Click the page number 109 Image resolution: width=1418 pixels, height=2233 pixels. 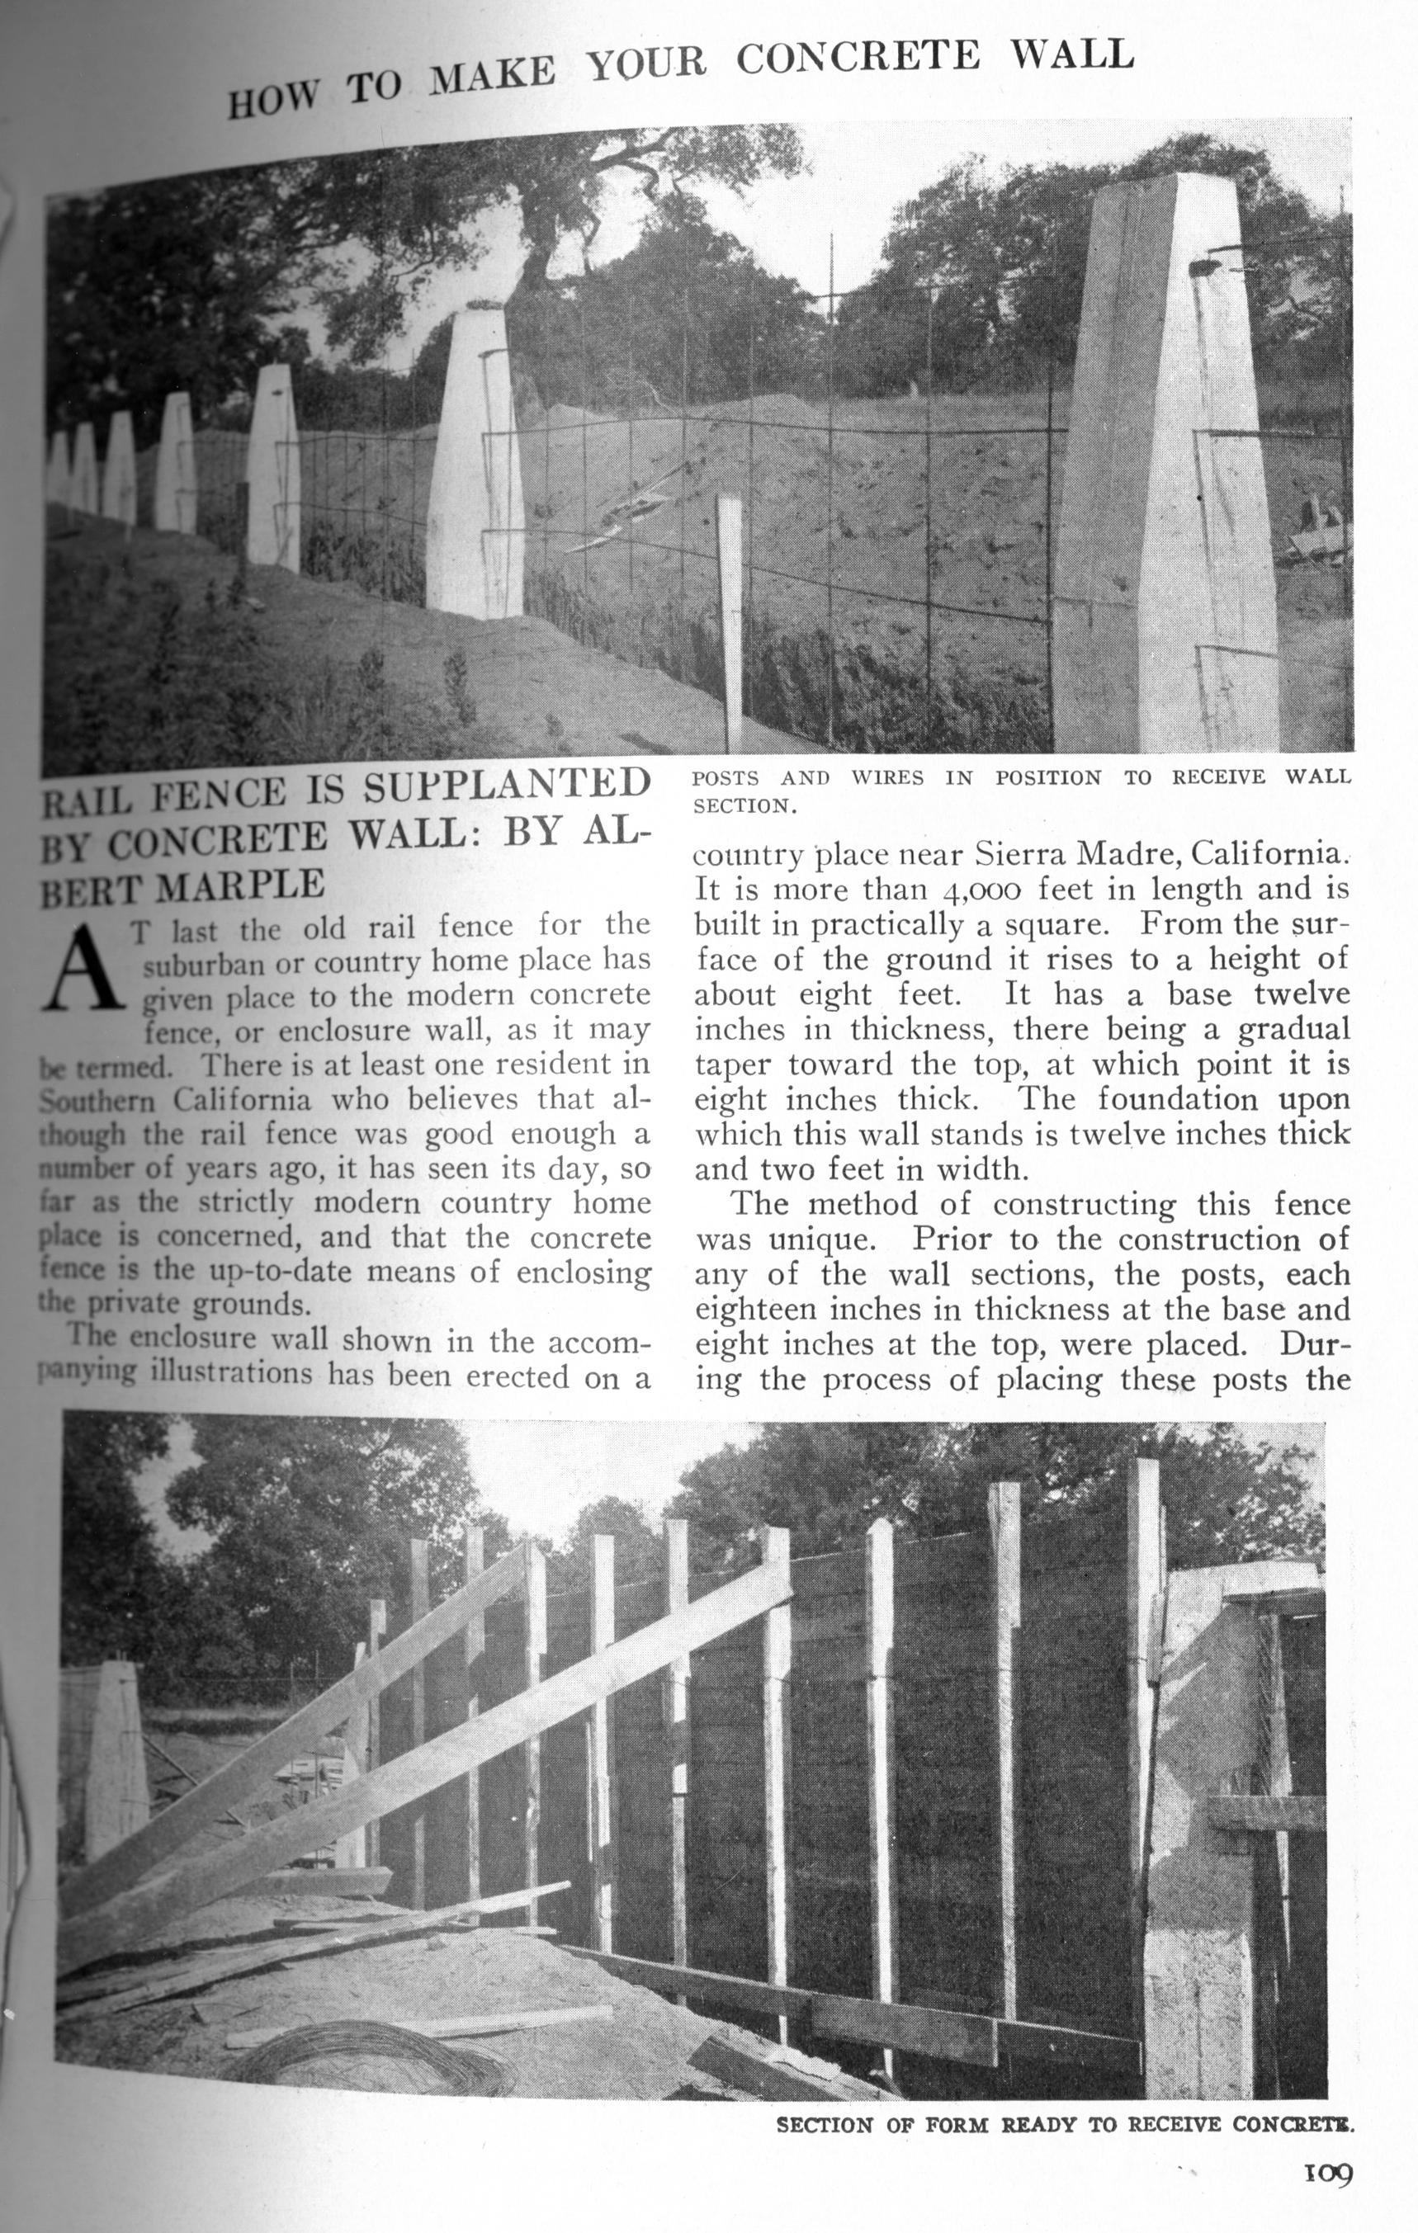(1329, 2173)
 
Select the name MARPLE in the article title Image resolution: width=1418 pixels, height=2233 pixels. (240, 884)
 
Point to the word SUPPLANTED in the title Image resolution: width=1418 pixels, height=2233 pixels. (506, 786)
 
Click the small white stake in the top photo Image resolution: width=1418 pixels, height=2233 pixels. (730, 621)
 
